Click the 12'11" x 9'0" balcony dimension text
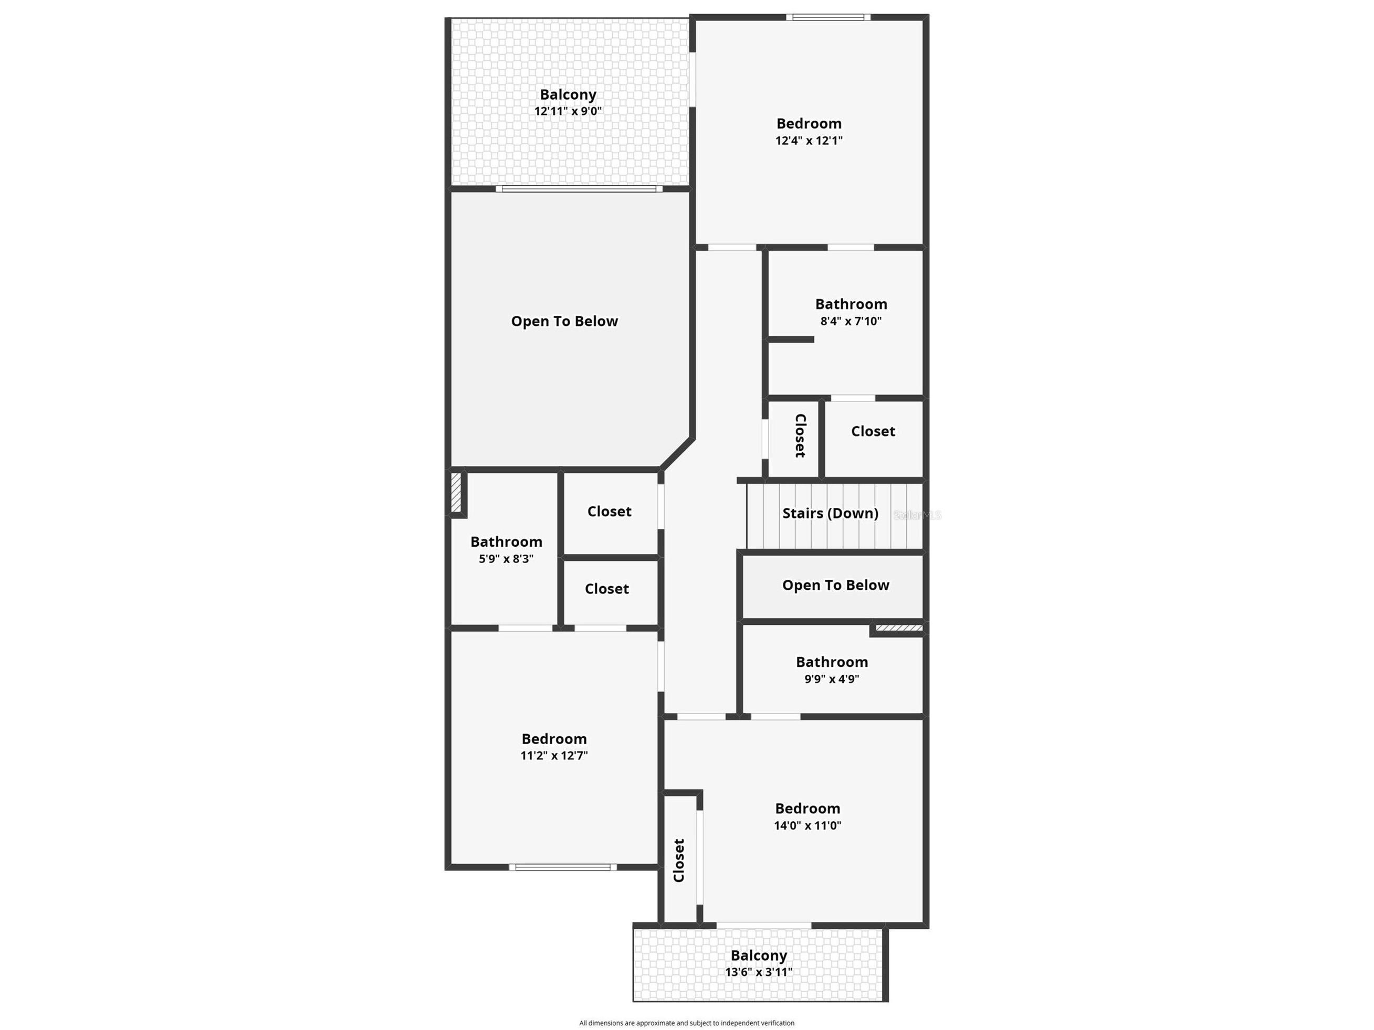[x=568, y=111]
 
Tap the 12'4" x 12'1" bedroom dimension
[x=809, y=140]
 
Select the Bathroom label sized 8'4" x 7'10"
[x=851, y=304]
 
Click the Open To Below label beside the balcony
[x=564, y=321]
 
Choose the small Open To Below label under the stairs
[x=835, y=585]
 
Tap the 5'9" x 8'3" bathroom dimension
[x=506, y=559]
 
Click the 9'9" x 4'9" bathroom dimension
[x=832, y=678]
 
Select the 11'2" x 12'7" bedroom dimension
[x=554, y=756]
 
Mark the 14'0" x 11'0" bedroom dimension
[x=807, y=825]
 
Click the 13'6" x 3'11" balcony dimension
[x=759, y=972]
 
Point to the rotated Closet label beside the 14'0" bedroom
[x=678, y=860]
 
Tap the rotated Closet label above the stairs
[x=801, y=436]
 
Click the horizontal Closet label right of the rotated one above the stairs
[x=873, y=431]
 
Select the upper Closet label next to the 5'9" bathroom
[x=610, y=511]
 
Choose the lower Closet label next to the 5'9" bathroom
[x=607, y=589]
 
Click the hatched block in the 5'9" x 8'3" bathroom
[x=457, y=493]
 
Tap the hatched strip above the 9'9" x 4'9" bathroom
[x=899, y=628]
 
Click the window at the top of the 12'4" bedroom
[x=828, y=17]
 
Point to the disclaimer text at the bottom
[x=686, y=1023]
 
